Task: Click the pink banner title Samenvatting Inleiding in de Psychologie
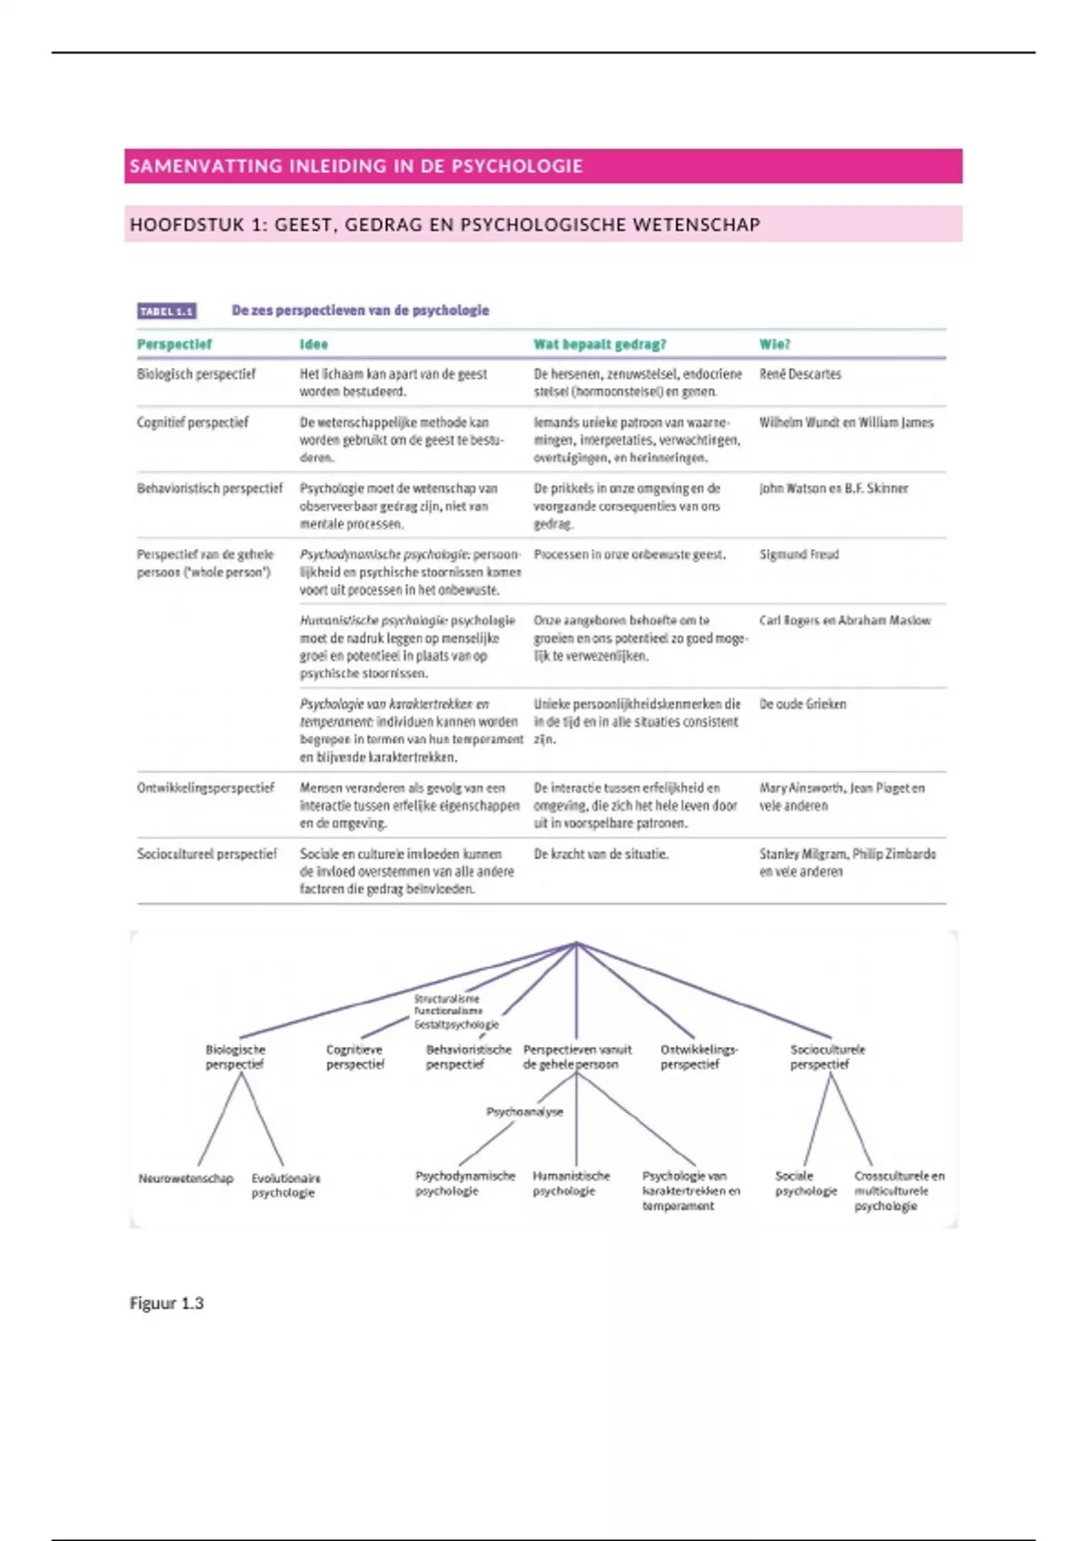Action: pos(356,166)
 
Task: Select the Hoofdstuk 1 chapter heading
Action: pos(444,225)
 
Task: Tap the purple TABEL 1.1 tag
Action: pos(167,311)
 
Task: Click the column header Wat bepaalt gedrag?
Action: pos(599,344)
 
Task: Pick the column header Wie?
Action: pos(774,344)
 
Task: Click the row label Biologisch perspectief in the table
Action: pos(196,374)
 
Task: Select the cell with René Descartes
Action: pos(800,374)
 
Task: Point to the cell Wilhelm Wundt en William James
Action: pos(846,422)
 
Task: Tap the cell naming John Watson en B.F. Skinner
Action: pos(833,489)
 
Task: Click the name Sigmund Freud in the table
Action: pos(799,555)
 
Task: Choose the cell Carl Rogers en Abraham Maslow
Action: pos(845,621)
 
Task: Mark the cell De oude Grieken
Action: pos(802,704)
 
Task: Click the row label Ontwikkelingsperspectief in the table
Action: pos(205,788)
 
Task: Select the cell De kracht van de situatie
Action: pos(600,854)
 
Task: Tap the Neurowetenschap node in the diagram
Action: pos(186,1178)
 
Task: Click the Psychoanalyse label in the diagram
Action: pos(524,1111)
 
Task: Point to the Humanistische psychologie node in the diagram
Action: pos(570,1183)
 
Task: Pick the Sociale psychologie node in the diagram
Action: pos(805,1183)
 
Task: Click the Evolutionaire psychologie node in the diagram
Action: pos(286,1186)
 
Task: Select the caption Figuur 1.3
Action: pos(167,1304)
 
